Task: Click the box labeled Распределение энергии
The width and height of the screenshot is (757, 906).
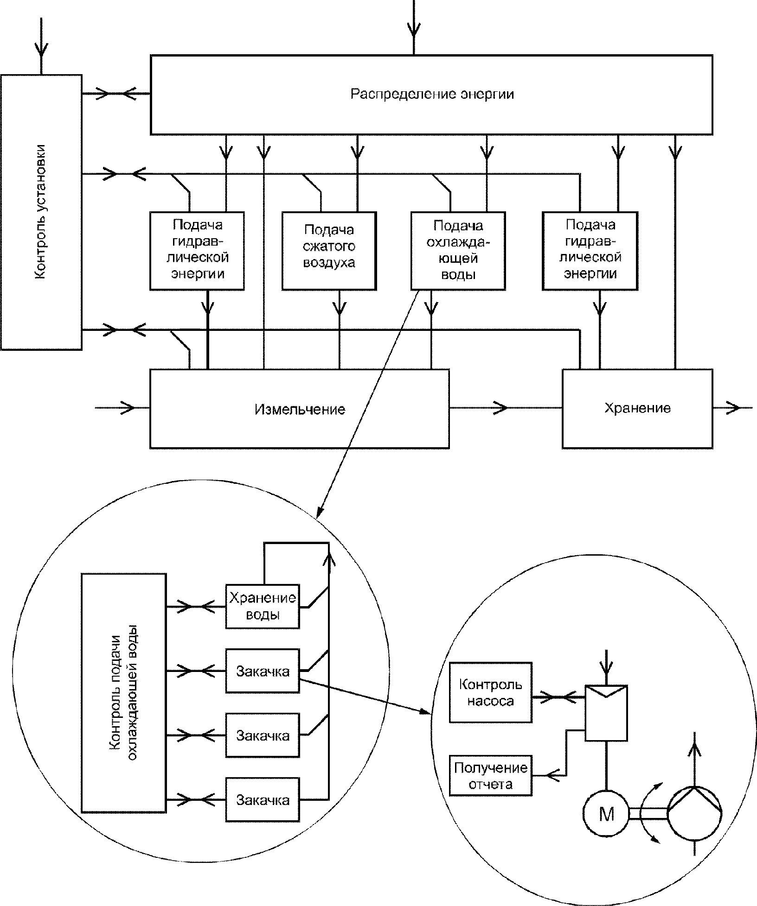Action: (431, 95)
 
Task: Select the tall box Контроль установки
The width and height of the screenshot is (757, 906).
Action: (41, 212)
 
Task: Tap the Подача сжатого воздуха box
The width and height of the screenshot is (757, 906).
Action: (329, 251)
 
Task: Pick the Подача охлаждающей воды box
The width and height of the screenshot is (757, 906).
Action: (458, 251)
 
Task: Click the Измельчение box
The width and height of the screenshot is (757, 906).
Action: (299, 408)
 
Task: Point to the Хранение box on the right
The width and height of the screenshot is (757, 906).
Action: (637, 408)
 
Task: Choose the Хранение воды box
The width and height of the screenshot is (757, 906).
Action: (262, 606)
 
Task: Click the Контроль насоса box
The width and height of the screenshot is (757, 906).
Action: (490, 692)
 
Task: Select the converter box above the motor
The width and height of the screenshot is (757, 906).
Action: (606, 713)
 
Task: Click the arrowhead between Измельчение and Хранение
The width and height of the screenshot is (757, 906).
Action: (500, 408)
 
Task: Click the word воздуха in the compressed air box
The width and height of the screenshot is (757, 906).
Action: (329, 263)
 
